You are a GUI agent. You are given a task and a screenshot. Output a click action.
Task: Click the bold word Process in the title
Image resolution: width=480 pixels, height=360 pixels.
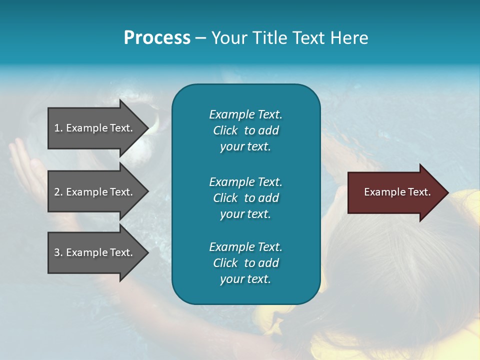157,38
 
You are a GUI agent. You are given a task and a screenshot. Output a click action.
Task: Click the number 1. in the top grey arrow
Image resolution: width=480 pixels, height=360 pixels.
58,128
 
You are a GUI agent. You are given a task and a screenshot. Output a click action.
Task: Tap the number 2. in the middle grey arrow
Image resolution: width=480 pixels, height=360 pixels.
58,192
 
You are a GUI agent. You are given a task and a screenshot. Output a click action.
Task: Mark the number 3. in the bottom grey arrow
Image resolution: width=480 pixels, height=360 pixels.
58,252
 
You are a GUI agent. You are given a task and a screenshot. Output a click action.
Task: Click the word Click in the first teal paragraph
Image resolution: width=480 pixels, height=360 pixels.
225,130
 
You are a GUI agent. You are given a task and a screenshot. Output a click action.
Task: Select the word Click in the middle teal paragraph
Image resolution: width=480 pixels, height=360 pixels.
225,198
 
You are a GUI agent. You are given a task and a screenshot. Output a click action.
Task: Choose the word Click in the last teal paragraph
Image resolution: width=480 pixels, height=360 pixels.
225,263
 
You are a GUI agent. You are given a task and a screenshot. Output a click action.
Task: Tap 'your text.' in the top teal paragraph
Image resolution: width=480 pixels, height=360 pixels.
245,147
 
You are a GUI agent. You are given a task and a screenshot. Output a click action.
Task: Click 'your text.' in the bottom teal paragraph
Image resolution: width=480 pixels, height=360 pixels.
245,279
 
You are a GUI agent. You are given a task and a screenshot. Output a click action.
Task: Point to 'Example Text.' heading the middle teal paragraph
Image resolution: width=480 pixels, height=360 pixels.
245,181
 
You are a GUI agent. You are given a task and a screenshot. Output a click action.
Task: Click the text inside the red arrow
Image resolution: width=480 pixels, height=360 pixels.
397,192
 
